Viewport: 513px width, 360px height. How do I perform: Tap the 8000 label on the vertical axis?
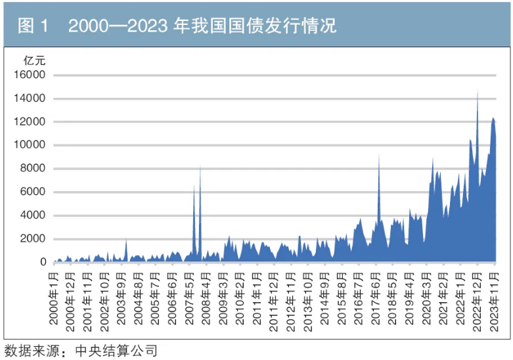point(32,169)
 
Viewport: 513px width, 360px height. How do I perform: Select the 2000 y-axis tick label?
point(32,239)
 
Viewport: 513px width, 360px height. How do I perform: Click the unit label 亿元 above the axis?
point(33,60)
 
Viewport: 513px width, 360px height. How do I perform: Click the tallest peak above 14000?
point(478,92)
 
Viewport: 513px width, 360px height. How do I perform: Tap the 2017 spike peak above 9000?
point(379,155)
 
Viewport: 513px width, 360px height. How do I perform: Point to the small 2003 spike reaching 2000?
point(126,240)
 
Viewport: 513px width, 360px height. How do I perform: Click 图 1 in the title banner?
point(33,26)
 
